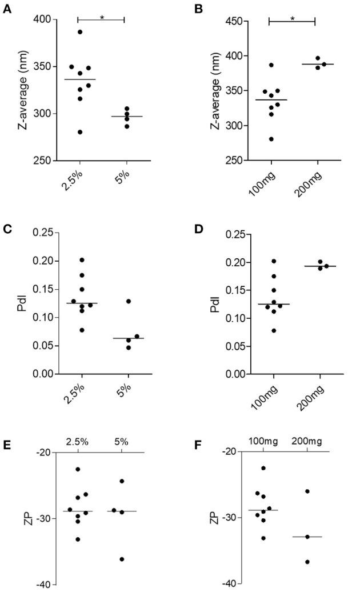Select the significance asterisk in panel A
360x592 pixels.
(101, 17)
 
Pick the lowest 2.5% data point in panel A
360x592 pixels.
(80, 132)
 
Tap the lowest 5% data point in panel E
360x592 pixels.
(122, 559)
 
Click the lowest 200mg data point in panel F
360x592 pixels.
(307, 562)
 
